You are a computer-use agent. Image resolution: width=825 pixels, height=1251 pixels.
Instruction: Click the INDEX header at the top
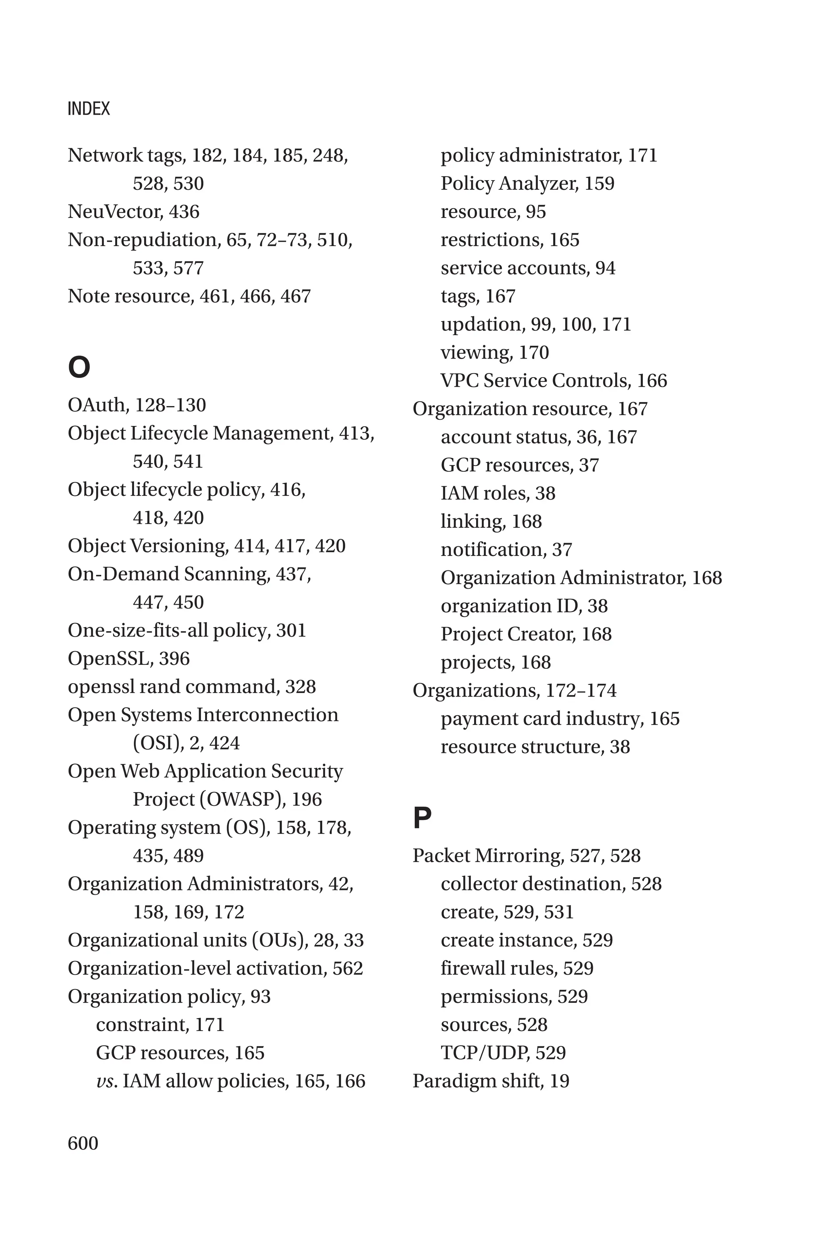click(x=89, y=109)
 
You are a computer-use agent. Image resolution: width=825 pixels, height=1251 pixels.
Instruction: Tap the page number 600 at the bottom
click(x=83, y=1143)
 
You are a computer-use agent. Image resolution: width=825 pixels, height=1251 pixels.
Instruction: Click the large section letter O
click(x=79, y=367)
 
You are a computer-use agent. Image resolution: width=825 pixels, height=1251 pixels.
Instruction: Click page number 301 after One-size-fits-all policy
click(x=291, y=630)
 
